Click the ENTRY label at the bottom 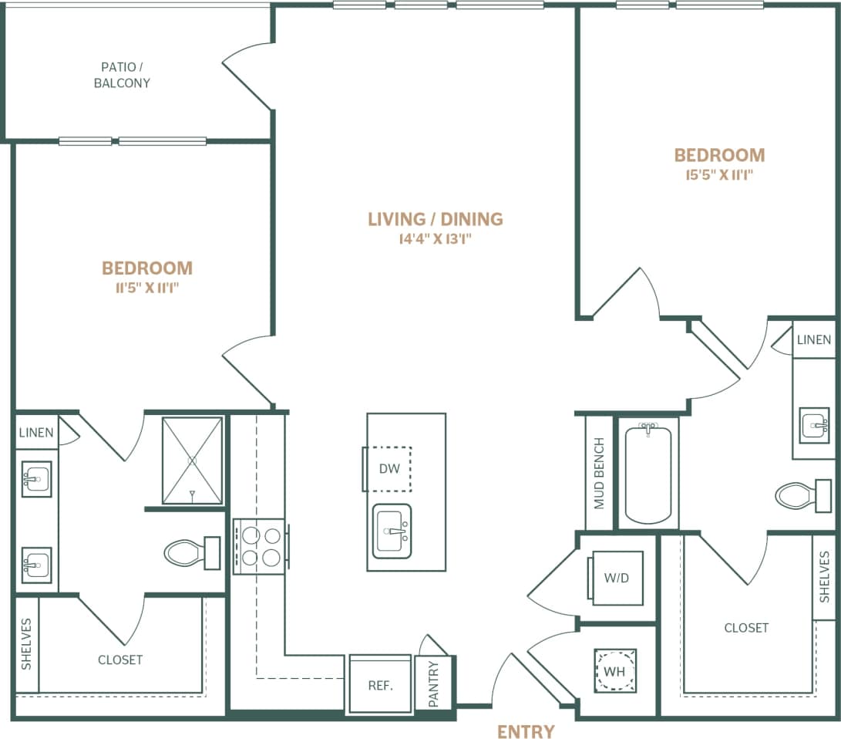click(526, 731)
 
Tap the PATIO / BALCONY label click(122, 75)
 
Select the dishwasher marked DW click(389, 468)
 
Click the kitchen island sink click(392, 531)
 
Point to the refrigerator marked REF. click(380, 684)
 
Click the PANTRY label click(433, 683)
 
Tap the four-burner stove click(259, 546)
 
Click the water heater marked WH click(614, 671)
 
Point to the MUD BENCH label click(599, 474)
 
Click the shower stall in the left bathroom click(192, 461)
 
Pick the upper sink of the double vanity click(35, 479)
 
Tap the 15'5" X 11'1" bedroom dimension click(718, 175)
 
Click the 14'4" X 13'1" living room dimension click(435, 239)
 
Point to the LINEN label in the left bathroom click(36, 433)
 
